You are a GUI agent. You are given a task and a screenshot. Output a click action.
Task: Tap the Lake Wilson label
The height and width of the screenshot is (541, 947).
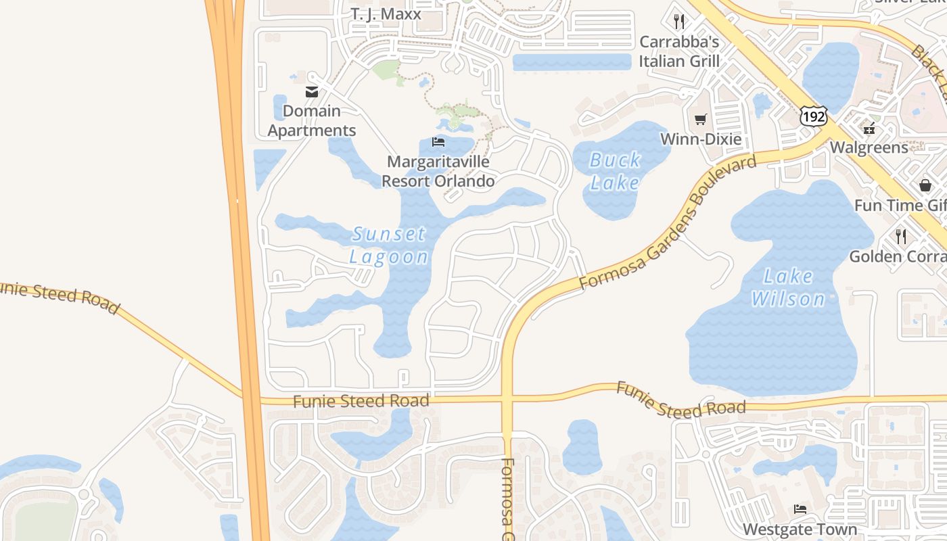click(788, 287)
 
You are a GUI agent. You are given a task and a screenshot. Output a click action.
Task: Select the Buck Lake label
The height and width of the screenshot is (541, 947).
click(615, 171)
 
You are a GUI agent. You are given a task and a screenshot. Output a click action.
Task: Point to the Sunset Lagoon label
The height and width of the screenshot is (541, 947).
click(389, 245)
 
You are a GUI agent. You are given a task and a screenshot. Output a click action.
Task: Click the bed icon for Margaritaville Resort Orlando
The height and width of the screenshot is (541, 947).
click(438, 142)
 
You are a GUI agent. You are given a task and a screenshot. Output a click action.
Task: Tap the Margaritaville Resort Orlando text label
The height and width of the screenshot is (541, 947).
click(438, 172)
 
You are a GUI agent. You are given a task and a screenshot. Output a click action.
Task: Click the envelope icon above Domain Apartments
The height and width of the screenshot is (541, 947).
click(312, 92)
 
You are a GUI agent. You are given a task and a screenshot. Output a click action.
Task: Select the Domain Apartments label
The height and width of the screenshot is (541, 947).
click(312, 120)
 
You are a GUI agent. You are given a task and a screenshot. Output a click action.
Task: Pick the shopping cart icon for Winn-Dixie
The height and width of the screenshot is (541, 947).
click(701, 120)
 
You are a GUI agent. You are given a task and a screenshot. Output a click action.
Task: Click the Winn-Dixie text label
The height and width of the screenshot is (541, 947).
click(701, 139)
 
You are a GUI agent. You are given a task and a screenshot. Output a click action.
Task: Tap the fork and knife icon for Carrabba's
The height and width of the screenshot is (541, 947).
click(680, 21)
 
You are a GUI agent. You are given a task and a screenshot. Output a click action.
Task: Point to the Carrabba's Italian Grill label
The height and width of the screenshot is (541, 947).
click(679, 51)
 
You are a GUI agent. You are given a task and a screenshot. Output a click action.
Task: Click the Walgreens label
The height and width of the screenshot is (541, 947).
click(869, 147)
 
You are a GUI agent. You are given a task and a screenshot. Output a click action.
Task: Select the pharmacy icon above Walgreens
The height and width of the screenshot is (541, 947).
click(869, 127)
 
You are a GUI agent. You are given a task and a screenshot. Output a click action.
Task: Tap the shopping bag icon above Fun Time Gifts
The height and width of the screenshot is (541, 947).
click(925, 185)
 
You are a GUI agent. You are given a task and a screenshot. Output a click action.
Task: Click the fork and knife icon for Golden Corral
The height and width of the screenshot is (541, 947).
click(901, 236)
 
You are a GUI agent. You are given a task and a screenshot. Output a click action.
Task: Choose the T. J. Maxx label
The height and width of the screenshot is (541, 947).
click(386, 14)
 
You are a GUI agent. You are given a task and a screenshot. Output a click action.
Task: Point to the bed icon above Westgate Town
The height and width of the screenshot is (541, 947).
click(800, 509)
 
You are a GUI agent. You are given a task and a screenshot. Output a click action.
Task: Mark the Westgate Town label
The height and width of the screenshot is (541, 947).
click(800, 529)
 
